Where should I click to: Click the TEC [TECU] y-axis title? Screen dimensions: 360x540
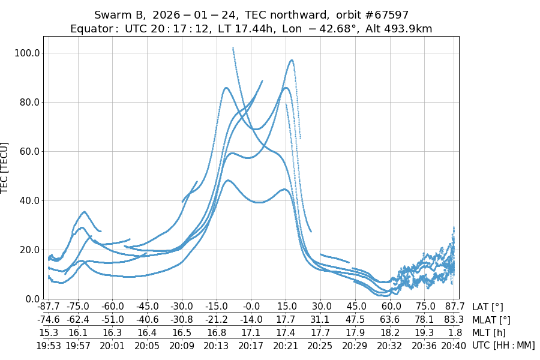tap(5, 167)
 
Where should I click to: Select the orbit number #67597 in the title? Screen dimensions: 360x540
tap(384, 15)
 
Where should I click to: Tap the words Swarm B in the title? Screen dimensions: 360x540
tap(118, 15)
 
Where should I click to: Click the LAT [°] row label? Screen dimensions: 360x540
tap(488, 307)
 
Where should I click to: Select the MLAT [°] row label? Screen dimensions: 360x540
tap(491, 320)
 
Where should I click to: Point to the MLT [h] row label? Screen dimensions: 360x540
tap(489, 332)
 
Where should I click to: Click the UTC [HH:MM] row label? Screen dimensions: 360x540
tap(503, 345)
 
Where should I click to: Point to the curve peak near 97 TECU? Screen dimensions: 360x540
tap(292, 60)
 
